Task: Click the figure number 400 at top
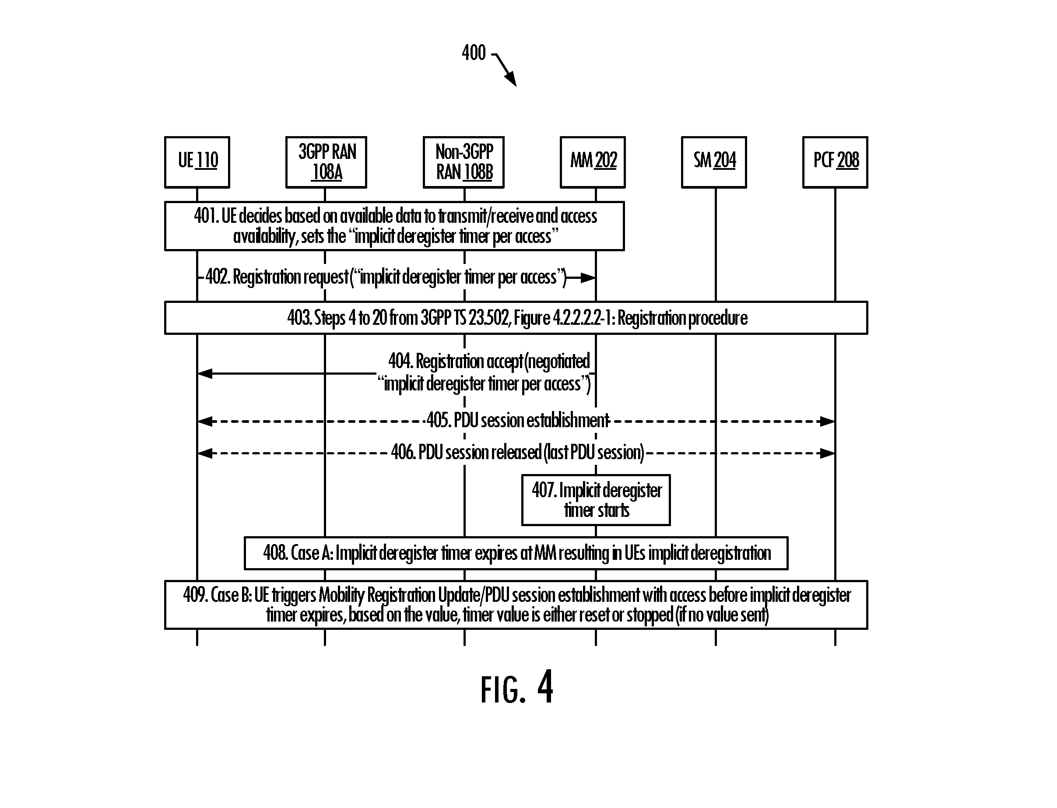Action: pos(474,53)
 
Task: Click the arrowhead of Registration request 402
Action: pos(588,278)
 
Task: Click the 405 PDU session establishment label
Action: pos(518,420)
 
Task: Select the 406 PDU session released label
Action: pos(517,452)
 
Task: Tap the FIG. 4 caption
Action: pos(517,688)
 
